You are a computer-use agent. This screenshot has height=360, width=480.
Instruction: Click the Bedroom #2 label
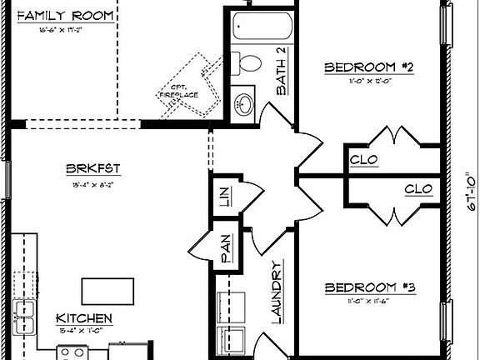coord(369,67)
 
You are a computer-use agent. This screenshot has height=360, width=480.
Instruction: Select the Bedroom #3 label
coord(369,287)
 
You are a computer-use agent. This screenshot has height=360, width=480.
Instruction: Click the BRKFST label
coord(93,168)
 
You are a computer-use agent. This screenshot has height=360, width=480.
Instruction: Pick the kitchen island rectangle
coord(108,291)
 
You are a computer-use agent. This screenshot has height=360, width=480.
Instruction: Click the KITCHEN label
coord(84,318)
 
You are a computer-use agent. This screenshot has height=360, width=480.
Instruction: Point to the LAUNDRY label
coord(277,289)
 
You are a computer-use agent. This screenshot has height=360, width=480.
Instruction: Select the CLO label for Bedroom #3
coord(417,189)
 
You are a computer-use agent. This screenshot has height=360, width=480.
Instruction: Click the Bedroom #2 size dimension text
coord(369,82)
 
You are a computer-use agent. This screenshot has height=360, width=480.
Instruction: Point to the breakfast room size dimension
coord(93,185)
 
